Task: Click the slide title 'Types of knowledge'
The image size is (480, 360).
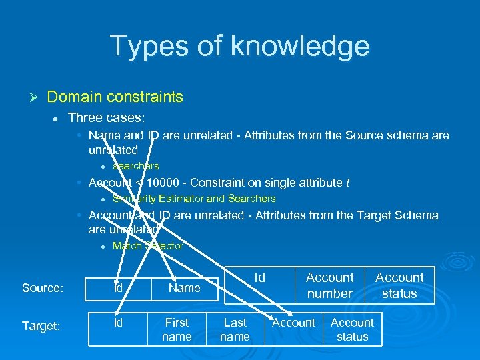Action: pos(239,46)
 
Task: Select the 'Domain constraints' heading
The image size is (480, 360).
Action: pos(115,97)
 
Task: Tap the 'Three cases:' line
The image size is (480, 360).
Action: pos(106,117)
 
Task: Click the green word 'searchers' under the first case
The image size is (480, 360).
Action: pos(136,166)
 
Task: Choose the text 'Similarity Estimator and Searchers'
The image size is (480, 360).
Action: pos(194,198)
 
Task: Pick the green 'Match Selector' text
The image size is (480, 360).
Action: pos(148,246)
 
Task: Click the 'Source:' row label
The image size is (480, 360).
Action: pos(43,288)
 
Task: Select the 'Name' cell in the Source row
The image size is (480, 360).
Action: pos(184,288)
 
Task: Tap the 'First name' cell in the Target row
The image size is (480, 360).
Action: pos(177,329)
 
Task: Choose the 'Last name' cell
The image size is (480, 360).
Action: pos(235,329)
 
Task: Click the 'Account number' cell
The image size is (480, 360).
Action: pos(329,285)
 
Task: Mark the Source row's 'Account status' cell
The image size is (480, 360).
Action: pos(399,285)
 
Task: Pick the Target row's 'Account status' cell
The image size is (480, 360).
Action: pos(352,329)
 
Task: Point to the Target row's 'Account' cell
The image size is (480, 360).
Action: pos(293,323)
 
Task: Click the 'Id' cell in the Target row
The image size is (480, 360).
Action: pos(118,323)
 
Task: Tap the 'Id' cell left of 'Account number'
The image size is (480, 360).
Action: pos(260,277)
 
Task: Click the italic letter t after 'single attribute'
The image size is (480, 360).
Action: pos(347,183)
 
